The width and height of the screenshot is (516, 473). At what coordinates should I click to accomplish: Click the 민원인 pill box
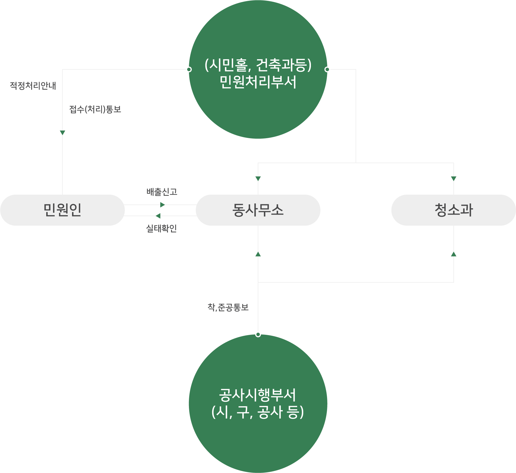click(x=62, y=210)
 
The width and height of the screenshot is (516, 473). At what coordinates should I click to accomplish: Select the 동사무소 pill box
click(x=258, y=210)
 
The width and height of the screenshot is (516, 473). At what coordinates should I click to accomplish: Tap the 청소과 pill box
click(x=453, y=210)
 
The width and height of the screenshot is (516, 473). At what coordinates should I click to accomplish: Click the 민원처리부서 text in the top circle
click(x=258, y=82)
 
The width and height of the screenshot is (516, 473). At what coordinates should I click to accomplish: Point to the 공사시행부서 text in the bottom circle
click(x=258, y=395)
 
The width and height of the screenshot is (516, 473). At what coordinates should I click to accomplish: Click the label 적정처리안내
click(x=33, y=86)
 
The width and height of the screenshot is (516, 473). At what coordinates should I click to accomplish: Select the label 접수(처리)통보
click(x=95, y=109)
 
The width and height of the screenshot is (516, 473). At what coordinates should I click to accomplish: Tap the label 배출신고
click(x=162, y=192)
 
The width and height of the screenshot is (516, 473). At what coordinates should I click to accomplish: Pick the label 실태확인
click(x=161, y=228)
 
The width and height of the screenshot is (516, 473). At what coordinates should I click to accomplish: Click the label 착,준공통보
click(x=228, y=307)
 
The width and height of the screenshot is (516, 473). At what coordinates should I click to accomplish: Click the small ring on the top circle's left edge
click(x=189, y=69)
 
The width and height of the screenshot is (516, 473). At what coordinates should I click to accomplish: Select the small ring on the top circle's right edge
click(x=327, y=69)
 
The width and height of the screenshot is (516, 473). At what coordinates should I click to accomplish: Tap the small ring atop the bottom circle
click(x=258, y=334)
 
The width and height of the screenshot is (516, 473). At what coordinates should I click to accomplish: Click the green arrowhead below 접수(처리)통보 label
click(x=63, y=133)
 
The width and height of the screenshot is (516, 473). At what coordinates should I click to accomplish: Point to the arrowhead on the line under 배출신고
click(x=162, y=205)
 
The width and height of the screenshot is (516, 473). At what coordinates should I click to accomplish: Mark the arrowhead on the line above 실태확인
click(x=158, y=216)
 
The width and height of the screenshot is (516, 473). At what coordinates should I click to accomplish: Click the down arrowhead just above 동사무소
click(x=258, y=178)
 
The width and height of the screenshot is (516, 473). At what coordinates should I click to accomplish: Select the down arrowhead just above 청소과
click(x=453, y=178)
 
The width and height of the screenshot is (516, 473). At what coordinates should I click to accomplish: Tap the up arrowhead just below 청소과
click(x=453, y=255)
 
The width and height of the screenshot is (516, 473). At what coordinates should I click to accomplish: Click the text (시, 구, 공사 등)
click(x=258, y=412)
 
